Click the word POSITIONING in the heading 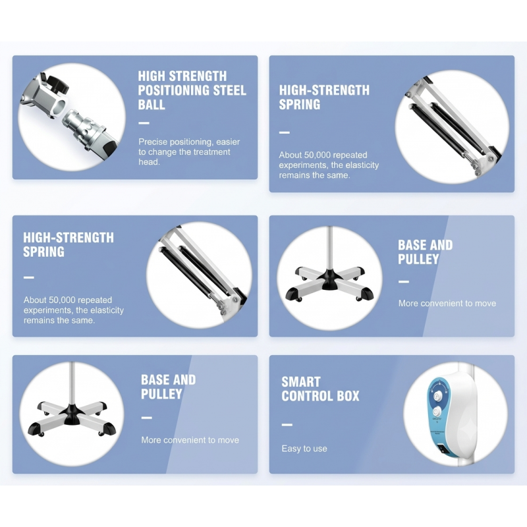174,90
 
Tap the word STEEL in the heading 230,90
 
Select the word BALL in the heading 152,105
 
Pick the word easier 228,142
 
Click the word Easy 291,449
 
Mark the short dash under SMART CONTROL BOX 287,425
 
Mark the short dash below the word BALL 144,123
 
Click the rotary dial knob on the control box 436,396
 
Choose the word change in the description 162,152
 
